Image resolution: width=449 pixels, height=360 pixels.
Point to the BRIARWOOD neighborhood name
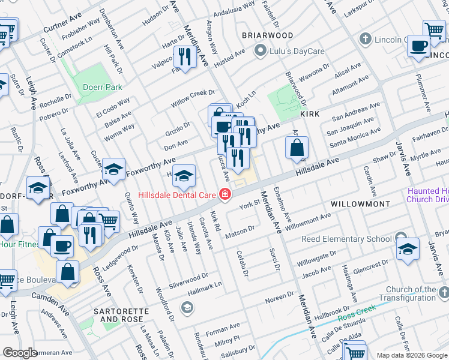[x=267, y=35]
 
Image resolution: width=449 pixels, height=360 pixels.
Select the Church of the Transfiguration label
[x=411, y=294]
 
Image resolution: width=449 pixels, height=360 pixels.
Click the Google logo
[x=20, y=353]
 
